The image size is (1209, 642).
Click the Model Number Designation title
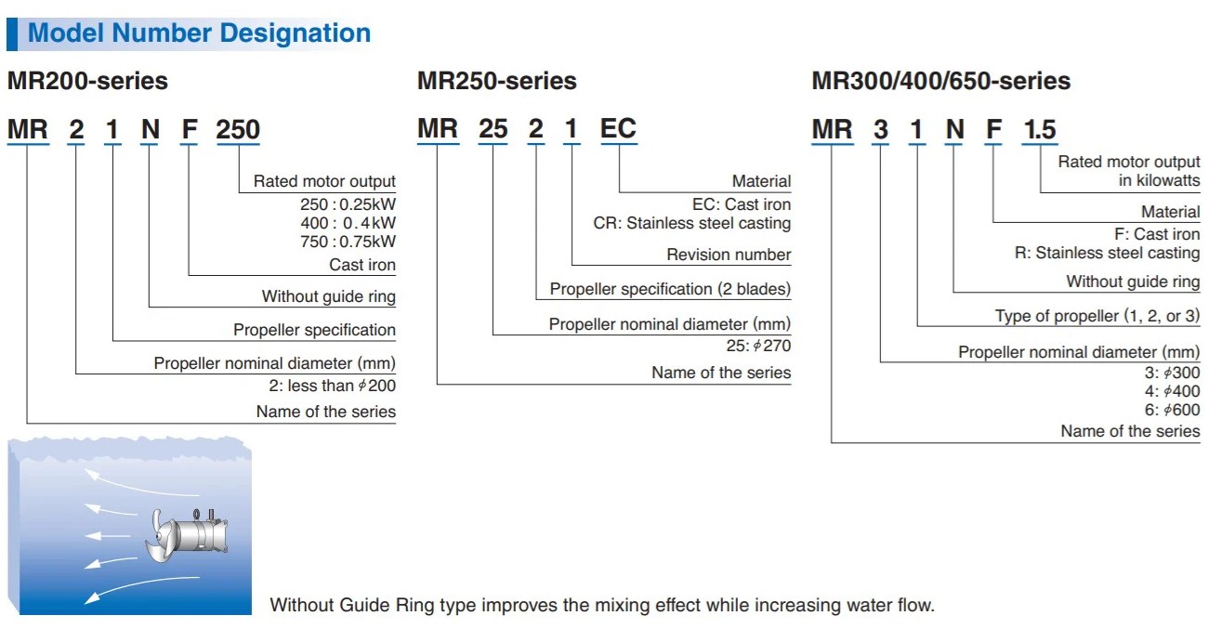click(199, 33)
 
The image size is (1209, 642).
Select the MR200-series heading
click(87, 81)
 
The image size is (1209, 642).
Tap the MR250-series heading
click(496, 81)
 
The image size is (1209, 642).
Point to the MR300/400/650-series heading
click(940, 81)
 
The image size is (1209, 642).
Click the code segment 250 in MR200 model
click(238, 129)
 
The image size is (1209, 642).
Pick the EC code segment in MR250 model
click(618, 128)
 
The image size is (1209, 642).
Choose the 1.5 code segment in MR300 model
click(1040, 129)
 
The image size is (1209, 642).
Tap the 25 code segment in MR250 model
click(493, 128)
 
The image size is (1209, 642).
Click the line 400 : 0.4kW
click(348, 223)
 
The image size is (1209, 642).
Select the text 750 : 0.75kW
click(348, 242)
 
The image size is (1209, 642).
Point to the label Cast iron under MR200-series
click(362, 265)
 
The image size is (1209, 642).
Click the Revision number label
click(729, 255)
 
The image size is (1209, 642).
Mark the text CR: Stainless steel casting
click(692, 223)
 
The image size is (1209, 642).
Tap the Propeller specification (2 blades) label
click(670, 289)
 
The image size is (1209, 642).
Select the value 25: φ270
click(758, 346)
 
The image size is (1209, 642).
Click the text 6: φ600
click(1172, 410)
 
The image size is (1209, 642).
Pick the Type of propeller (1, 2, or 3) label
click(1097, 316)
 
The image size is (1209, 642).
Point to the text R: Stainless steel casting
click(1107, 253)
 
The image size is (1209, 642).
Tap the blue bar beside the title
click(12, 34)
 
